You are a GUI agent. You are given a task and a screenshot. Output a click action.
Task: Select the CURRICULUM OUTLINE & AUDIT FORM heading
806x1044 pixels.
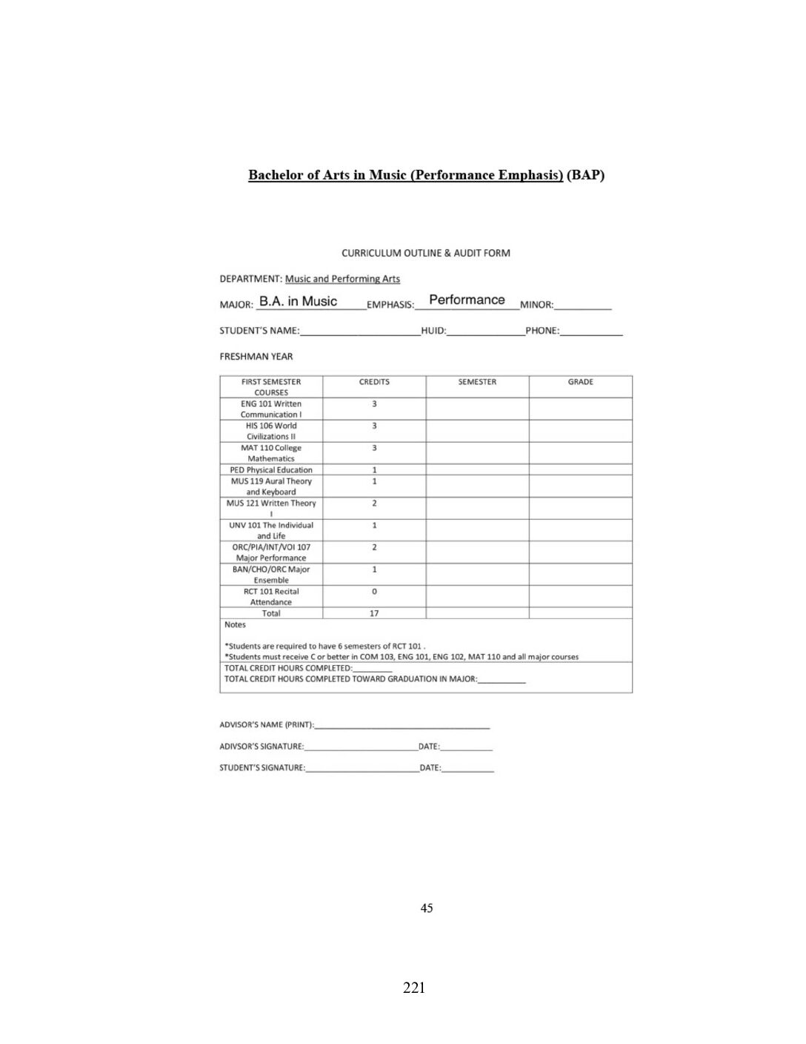tap(426, 253)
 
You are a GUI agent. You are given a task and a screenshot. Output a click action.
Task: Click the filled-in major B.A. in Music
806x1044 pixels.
tap(298, 301)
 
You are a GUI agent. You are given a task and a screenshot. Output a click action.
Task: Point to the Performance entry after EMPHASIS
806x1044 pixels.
tap(467, 300)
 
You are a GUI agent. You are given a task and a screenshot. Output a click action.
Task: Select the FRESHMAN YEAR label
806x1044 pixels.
tap(256, 357)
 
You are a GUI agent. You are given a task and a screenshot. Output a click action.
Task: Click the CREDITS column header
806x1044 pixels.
tap(374, 382)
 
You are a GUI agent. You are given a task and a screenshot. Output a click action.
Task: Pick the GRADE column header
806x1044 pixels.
tap(580, 382)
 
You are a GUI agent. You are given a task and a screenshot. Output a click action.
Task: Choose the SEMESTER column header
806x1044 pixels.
tap(477, 382)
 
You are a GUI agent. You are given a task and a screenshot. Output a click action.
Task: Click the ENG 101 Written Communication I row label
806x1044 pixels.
tap(271, 409)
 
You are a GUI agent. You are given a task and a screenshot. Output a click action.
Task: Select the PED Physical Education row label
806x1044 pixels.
tap(271, 470)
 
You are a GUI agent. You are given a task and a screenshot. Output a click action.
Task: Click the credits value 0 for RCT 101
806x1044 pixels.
tap(374, 592)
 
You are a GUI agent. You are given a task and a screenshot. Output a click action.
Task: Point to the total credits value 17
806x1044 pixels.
tap(374, 613)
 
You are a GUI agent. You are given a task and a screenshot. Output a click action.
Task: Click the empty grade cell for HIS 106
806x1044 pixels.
tap(580, 431)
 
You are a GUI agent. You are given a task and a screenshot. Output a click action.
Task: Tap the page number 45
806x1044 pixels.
tap(427, 908)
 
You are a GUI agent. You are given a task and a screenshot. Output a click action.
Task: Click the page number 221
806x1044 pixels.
tap(414, 988)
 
